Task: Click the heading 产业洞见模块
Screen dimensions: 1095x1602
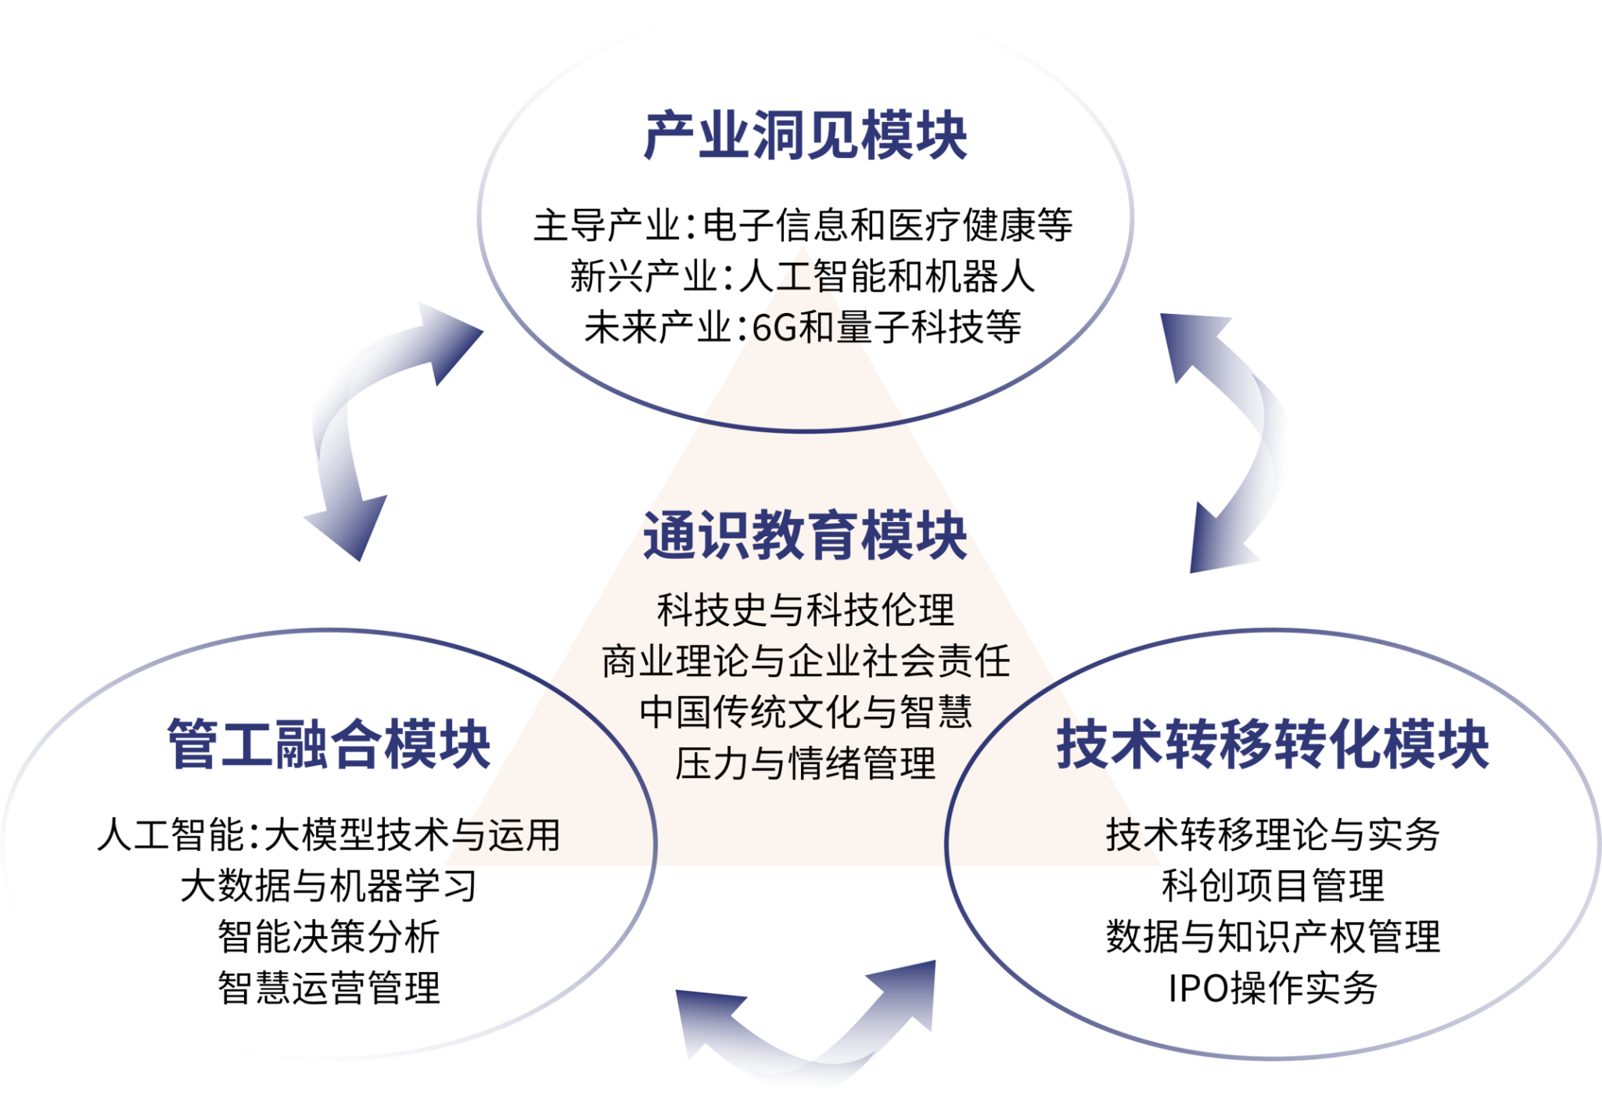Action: point(805,137)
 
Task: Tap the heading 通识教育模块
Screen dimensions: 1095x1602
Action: point(805,536)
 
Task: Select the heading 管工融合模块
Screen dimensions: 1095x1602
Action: point(329,744)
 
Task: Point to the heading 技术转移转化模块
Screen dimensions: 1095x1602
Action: point(1273,744)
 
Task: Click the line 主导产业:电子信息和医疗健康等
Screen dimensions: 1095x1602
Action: point(803,225)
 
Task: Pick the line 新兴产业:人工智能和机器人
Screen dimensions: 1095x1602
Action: point(803,276)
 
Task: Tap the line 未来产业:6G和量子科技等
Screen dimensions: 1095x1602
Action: point(803,327)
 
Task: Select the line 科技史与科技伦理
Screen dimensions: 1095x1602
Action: point(806,611)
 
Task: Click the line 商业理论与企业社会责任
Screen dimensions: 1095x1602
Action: point(806,661)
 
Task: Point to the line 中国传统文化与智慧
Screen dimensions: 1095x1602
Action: point(806,712)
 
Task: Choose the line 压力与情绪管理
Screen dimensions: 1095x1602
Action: point(806,764)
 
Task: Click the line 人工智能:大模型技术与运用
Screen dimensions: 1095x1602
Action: point(329,835)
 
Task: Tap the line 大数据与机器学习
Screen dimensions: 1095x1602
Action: point(329,886)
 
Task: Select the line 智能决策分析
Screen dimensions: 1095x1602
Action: point(329,937)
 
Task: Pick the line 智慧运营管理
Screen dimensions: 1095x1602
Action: point(329,988)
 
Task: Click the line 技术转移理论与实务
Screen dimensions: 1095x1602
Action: point(1273,835)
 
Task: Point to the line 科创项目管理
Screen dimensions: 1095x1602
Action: point(1273,886)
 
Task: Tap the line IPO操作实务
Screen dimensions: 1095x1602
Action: point(1273,988)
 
